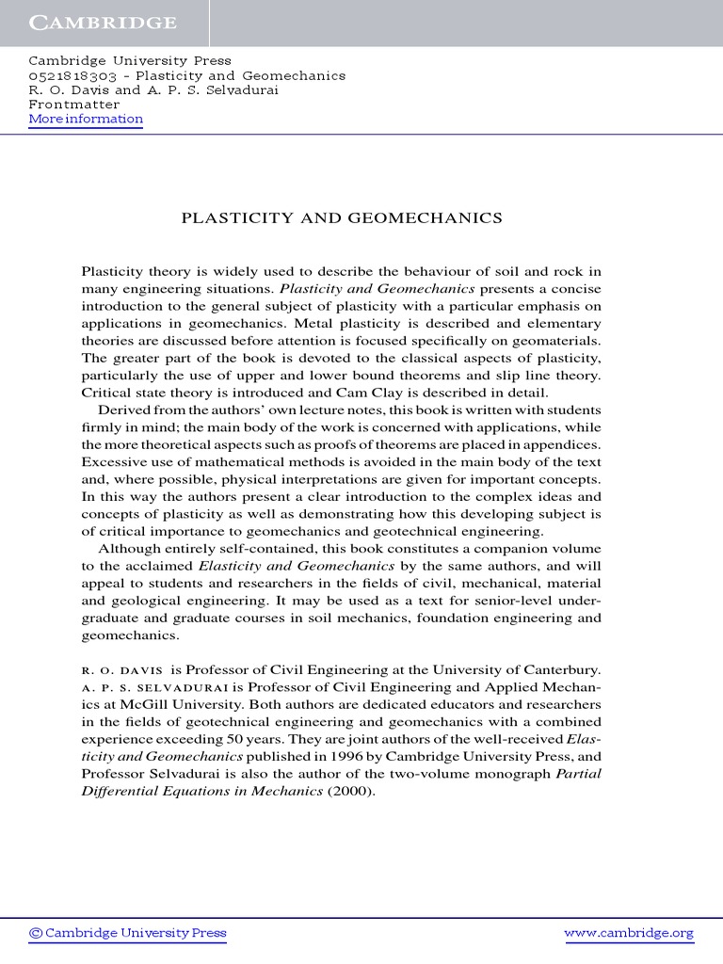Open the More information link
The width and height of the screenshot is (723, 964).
[86, 120]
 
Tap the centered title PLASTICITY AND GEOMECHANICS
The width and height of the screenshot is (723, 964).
[341, 218]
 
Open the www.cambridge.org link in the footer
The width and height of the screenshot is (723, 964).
[628, 934]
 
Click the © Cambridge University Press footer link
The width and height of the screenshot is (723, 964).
[128, 934]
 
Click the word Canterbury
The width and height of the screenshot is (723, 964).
[558, 669]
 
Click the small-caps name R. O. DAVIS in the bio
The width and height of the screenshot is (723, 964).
[122, 670]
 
